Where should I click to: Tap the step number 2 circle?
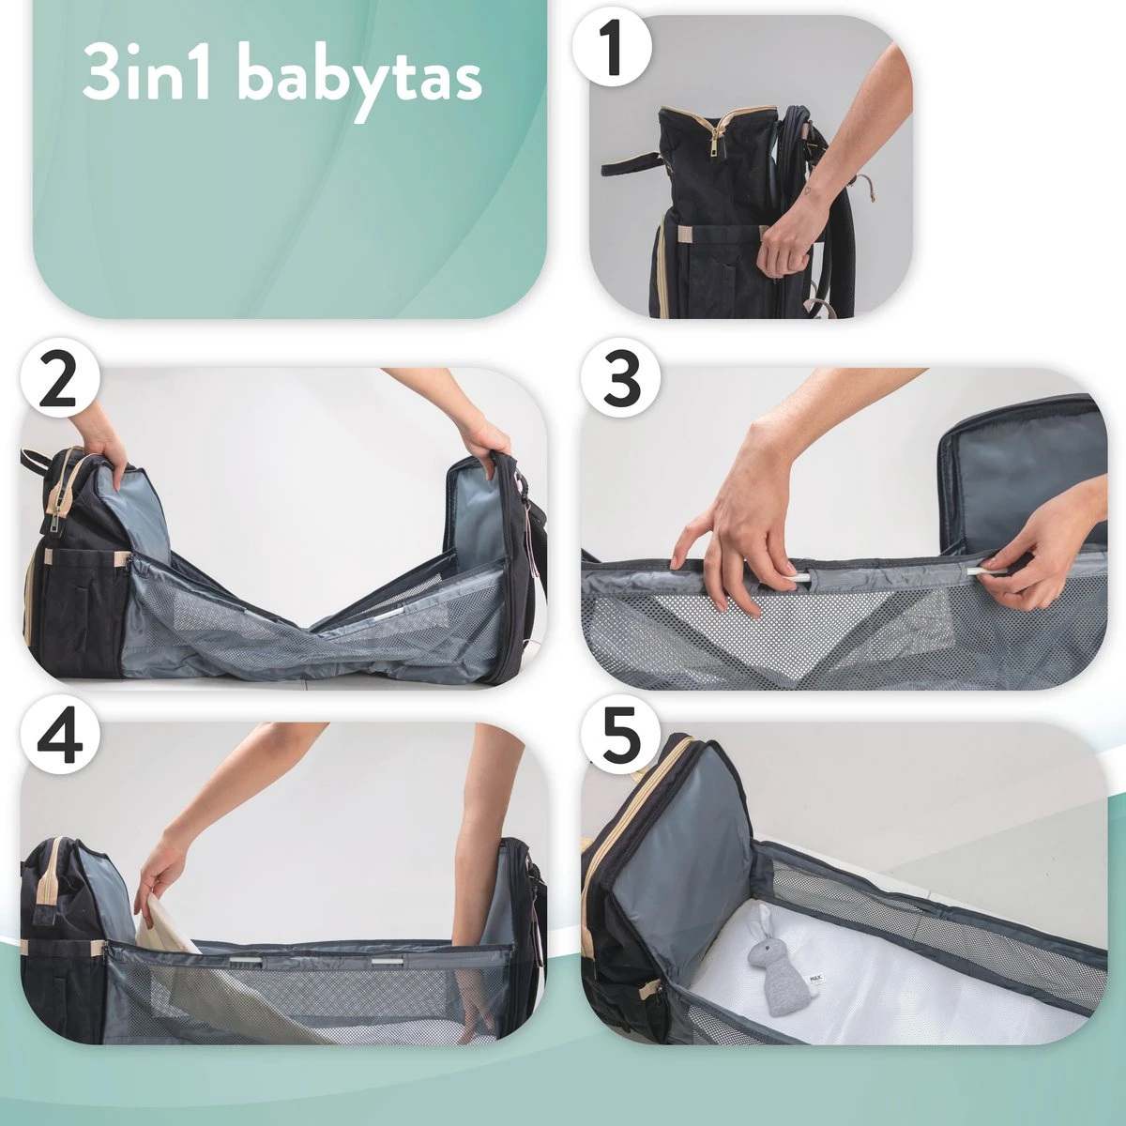pyautogui.click(x=58, y=384)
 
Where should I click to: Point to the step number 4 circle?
pyautogui.click(x=58, y=740)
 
